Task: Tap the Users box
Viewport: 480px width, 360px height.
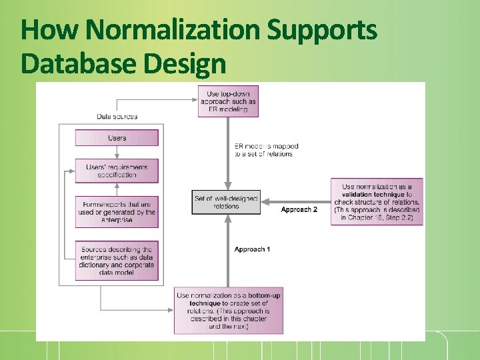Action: [x=117, y=138]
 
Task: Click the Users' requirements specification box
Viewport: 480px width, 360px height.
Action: [x=117, y=170]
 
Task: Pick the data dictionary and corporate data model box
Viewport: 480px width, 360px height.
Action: [x=117, y=260]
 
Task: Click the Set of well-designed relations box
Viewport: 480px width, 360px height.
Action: [x=226, y=202]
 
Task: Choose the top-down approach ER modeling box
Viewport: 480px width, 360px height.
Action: [x=228, y=101]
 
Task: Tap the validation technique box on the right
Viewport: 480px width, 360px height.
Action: [x=377, y=201]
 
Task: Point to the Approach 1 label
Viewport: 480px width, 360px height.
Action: [x=252, y=249]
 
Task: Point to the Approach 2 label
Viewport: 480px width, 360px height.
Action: [x=299, y=209]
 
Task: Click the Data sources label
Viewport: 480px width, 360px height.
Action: [x=117, y=117]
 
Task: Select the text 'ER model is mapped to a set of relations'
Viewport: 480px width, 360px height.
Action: [x=266, y=150]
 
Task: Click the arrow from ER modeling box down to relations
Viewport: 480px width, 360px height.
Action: [x=228, y=153]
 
